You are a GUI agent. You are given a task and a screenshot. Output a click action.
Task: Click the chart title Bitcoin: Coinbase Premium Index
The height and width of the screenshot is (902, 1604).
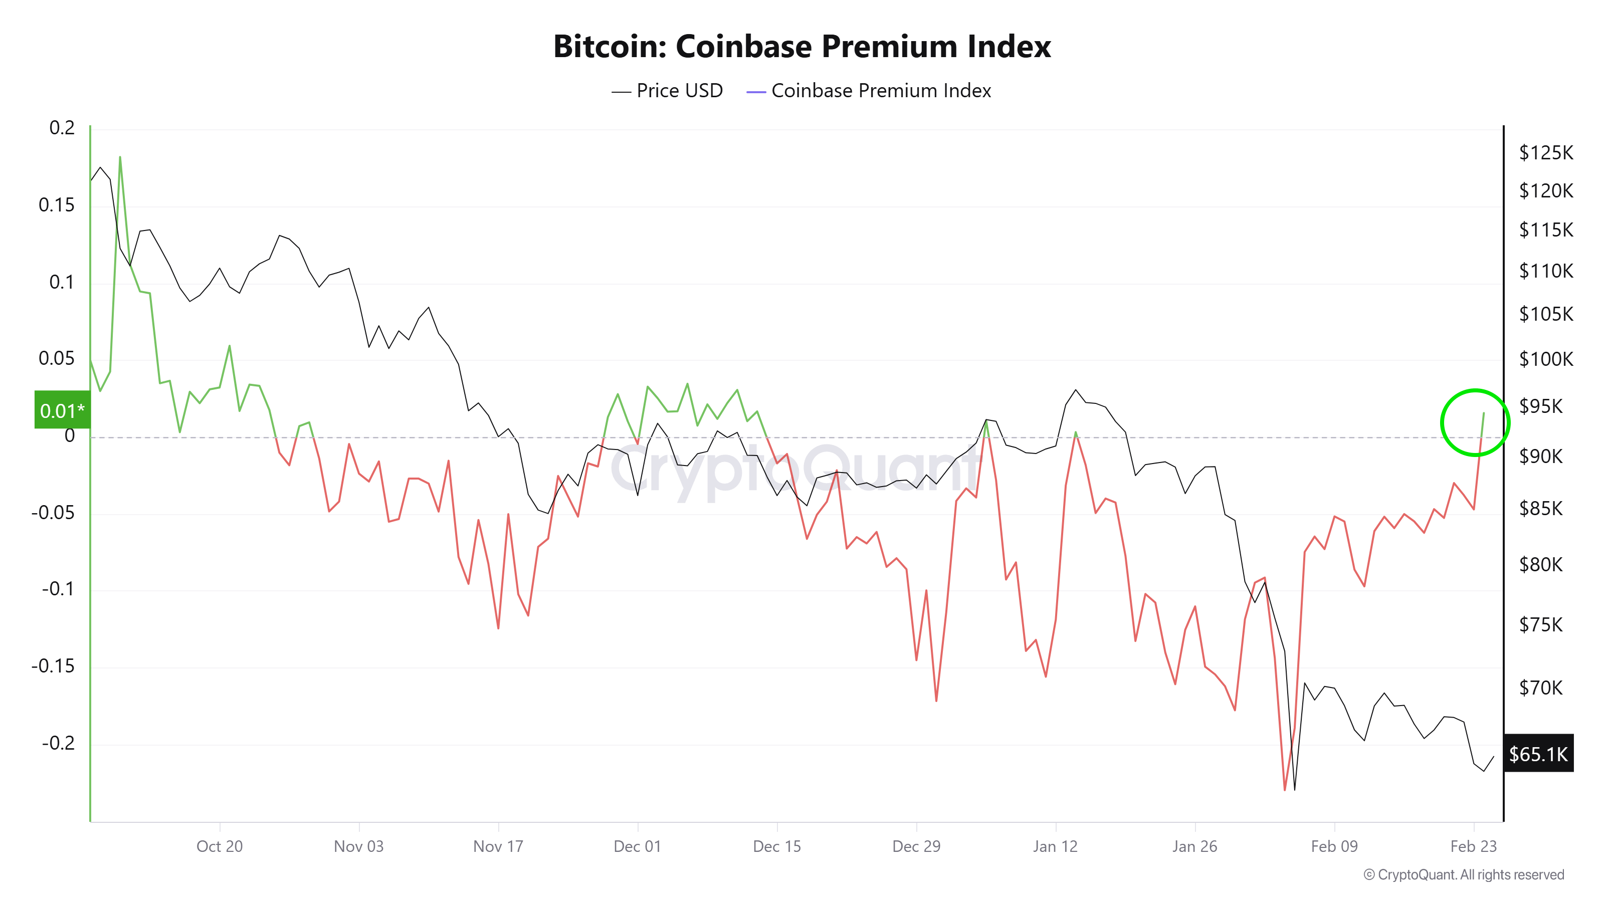pos(801,47)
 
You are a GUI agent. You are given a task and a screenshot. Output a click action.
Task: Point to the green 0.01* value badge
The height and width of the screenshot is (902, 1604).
pos(62,410)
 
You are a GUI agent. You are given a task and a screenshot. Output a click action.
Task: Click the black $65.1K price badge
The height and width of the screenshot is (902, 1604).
pos(1538,753)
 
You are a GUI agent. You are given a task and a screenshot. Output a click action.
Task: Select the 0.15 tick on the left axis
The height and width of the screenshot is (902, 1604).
pos(56,205)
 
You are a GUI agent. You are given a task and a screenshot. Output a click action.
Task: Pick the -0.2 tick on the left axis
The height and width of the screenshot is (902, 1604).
pos(58,743)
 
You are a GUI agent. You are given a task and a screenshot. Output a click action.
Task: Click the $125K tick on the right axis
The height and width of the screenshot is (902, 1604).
pos(1545,152)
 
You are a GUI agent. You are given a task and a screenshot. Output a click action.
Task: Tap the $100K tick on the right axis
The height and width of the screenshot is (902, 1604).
pos(1545,359)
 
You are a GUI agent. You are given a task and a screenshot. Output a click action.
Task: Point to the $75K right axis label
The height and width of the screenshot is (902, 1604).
pos(1540,624)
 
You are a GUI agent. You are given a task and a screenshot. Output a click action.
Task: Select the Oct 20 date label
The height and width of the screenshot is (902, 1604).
pos(219,846)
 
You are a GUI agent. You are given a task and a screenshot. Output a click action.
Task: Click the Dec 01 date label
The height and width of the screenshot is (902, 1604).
pos(637,846)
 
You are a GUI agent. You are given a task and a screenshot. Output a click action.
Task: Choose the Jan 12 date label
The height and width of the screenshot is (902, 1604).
pos(1055,846)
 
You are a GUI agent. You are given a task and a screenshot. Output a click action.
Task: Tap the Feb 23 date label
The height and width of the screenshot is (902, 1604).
pos(1473,846)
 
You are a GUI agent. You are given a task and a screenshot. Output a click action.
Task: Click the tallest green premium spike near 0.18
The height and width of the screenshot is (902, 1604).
pos(120,158)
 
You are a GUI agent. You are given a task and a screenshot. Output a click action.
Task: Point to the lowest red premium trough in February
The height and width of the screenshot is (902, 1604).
pos(1285,789)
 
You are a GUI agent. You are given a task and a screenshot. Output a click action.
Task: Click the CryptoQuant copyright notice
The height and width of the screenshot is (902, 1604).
pos(1463,874)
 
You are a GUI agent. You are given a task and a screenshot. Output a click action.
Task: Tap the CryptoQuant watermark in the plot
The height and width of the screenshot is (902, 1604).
pos(791,470)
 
